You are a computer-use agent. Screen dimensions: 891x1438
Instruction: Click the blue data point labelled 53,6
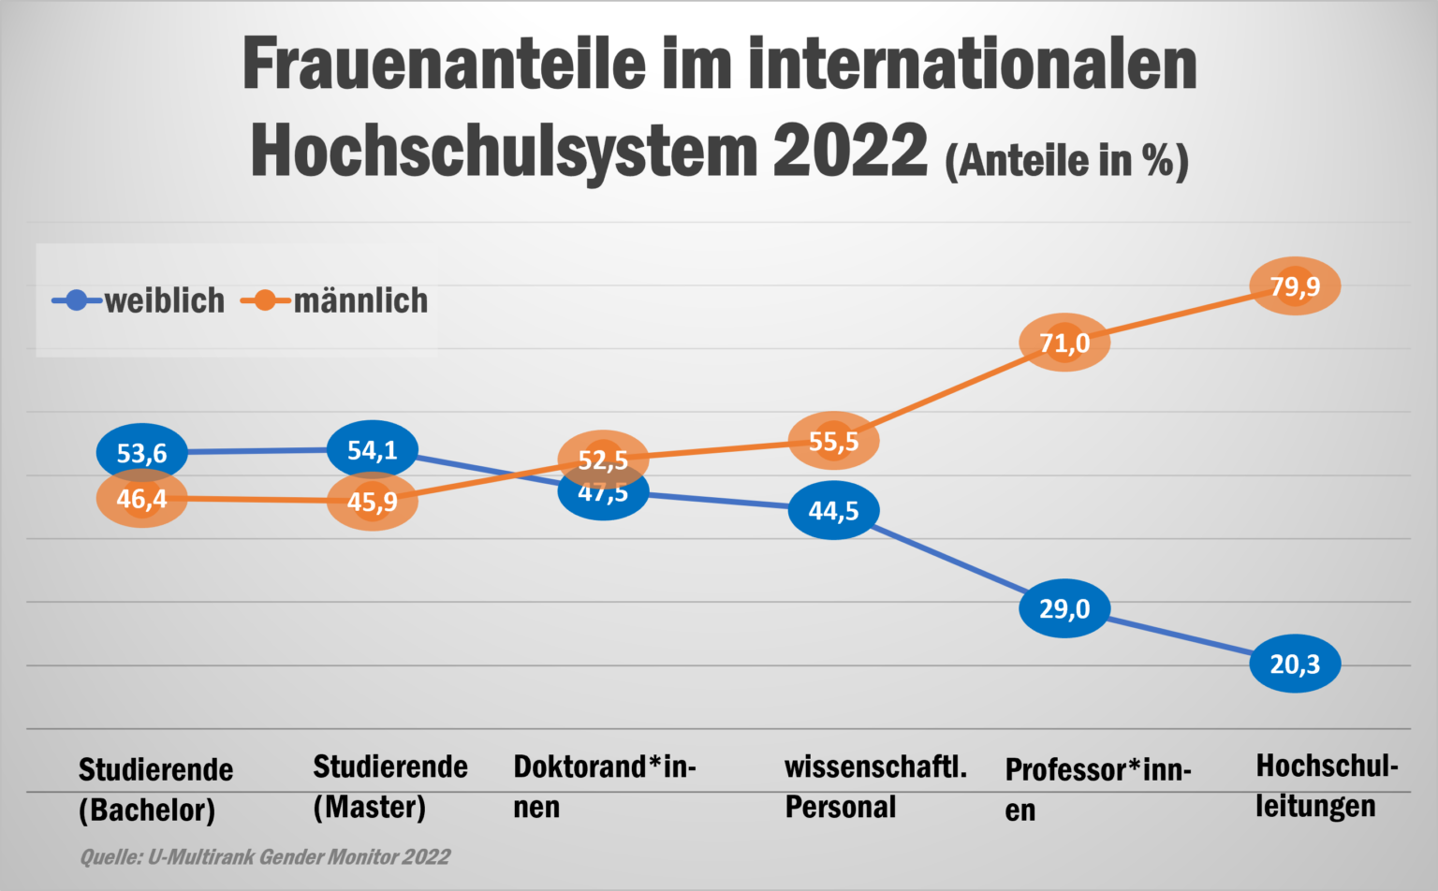[x=141, y=453]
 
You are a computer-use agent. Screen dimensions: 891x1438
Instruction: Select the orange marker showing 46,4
[x=141, y=499]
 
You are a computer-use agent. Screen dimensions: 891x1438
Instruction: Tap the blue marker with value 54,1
[x=372, y=450]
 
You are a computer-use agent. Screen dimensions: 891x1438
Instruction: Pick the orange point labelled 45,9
[x=372, y=502]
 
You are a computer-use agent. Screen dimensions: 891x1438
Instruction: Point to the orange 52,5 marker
[x=603, y=460]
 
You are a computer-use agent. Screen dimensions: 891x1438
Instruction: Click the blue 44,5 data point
[x=833, y=510]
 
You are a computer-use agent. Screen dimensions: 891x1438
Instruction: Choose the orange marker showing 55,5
[x=833, y=441]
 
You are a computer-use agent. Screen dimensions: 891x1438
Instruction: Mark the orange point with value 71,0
[x=1064, y=343]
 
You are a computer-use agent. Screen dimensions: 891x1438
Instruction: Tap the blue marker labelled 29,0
[x=1064, y=608]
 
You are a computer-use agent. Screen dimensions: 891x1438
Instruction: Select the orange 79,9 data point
[x=1295, y=285]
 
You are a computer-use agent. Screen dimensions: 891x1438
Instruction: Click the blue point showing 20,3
[x=1295, y=664]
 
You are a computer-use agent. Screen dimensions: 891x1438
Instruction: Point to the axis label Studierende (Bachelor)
[x=155, y=789]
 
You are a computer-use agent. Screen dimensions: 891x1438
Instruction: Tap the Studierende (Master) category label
[x=389, y=786]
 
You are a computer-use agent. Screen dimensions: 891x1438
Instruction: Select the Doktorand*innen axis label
[x=604, y=786]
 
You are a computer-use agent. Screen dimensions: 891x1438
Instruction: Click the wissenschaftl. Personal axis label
[x=875, y=786]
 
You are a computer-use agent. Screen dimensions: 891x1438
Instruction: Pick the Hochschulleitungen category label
[x=1327, y=785]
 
